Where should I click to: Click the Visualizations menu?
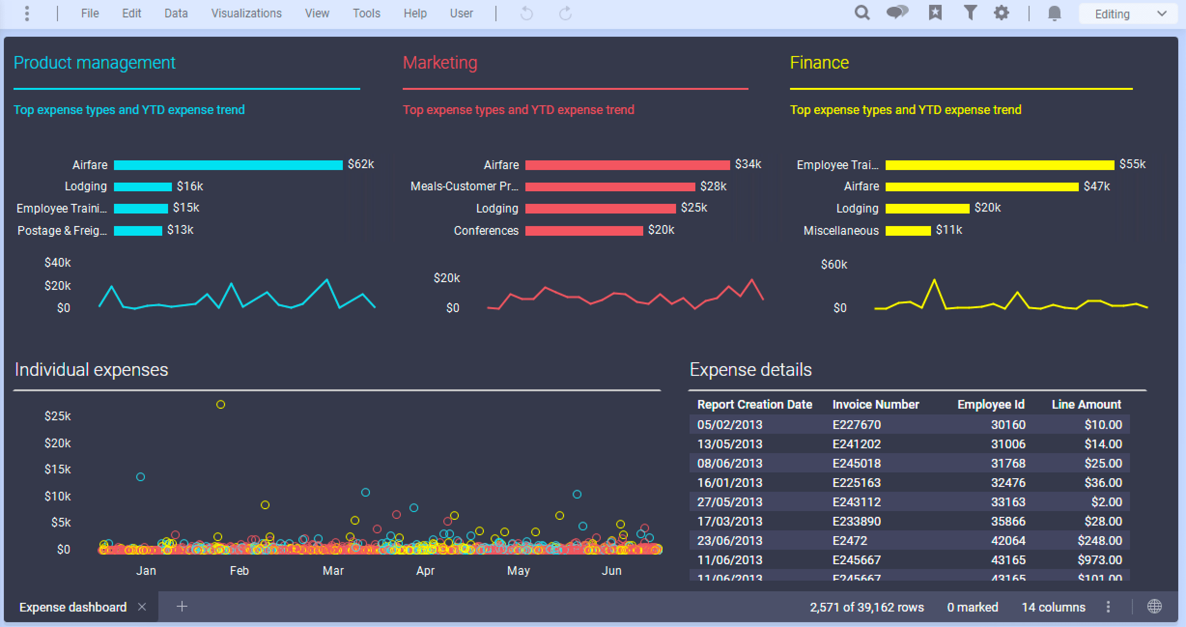(x=246, y=14)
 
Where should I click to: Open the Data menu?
(x=176, y=14)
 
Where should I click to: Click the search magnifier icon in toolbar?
(x=862, y=13)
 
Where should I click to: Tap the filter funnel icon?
(x=970, y=13)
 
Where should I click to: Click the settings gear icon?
(x=1002, y=13)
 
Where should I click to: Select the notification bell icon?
(x=1054, y=13)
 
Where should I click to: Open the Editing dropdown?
(x=1130, y=14)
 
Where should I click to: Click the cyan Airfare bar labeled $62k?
(x=228, y=165)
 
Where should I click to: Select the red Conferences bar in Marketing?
(x=584, y=231)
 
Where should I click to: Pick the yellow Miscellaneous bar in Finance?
(x=908, y=231)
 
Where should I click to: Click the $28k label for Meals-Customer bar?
(x=713, y=186)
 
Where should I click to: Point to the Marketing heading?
(x=440, y=63)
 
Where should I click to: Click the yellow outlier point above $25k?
(x=221, y=405)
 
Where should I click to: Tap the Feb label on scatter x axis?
(x=239, y=571)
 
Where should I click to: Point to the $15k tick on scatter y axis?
(x=57, y=470)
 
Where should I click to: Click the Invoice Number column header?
(x=875, y=405)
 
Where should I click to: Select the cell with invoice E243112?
(x=857, y=502)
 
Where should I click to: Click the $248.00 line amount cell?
(x=1100, y=541)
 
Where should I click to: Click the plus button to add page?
(x=182, y=607)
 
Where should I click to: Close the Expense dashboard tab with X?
(x=142, y=607)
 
